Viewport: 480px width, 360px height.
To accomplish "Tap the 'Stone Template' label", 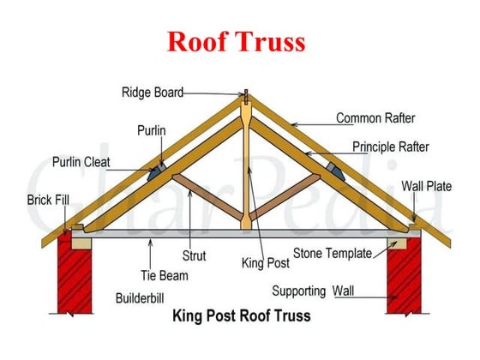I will click(332, 253).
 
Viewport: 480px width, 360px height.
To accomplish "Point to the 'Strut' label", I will click(194, 255).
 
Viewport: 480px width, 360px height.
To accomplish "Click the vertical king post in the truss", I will click(246, 171).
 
